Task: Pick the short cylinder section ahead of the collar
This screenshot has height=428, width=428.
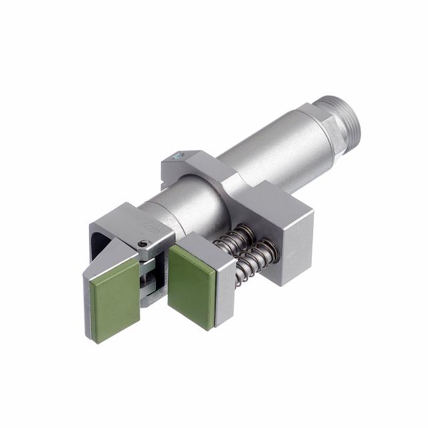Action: pos(177,207)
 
